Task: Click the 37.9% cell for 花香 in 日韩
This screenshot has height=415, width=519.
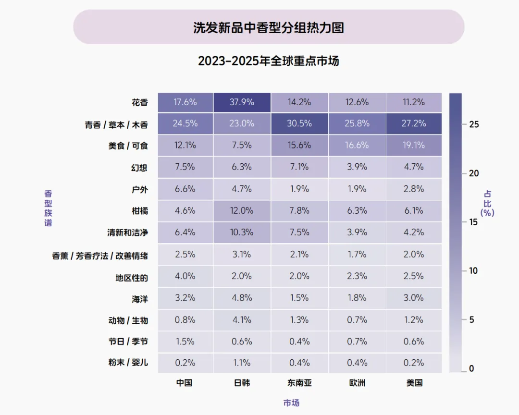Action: click(x=242, y=102)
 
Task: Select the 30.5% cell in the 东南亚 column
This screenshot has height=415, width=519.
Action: click(x=299, y=123)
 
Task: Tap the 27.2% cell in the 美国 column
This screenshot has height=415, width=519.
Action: click(x=414, y=123)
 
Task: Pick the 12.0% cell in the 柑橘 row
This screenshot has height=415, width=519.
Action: click(x=242, y=211)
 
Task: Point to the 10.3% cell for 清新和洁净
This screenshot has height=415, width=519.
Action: click(x=242, y=232)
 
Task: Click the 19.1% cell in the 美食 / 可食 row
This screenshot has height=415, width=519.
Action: click(x=414, y=145)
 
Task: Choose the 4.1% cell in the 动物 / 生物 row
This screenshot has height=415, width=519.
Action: click(x=242, y=320)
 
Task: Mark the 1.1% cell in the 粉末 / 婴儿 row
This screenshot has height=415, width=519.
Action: click(x=242, y=363)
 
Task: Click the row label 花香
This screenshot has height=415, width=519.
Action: click(x=140, y=103)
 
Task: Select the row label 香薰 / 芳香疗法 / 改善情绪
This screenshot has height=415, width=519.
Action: click(x=100, y=256)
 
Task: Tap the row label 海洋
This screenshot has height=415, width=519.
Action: click(x=140, y=299)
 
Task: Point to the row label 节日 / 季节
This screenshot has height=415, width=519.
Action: click(x=128, y=341)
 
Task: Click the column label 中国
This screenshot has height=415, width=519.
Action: click(x=185, y=383)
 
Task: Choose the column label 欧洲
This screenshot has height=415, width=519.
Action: click(x=357, y=383)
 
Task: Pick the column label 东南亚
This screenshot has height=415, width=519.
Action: click(x=299, y=383)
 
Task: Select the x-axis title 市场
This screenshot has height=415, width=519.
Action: click(x=291, y=403)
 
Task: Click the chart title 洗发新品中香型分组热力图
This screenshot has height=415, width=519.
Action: click(x=269, y=28)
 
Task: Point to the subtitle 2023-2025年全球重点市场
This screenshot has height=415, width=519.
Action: click(x=269, y=61)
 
